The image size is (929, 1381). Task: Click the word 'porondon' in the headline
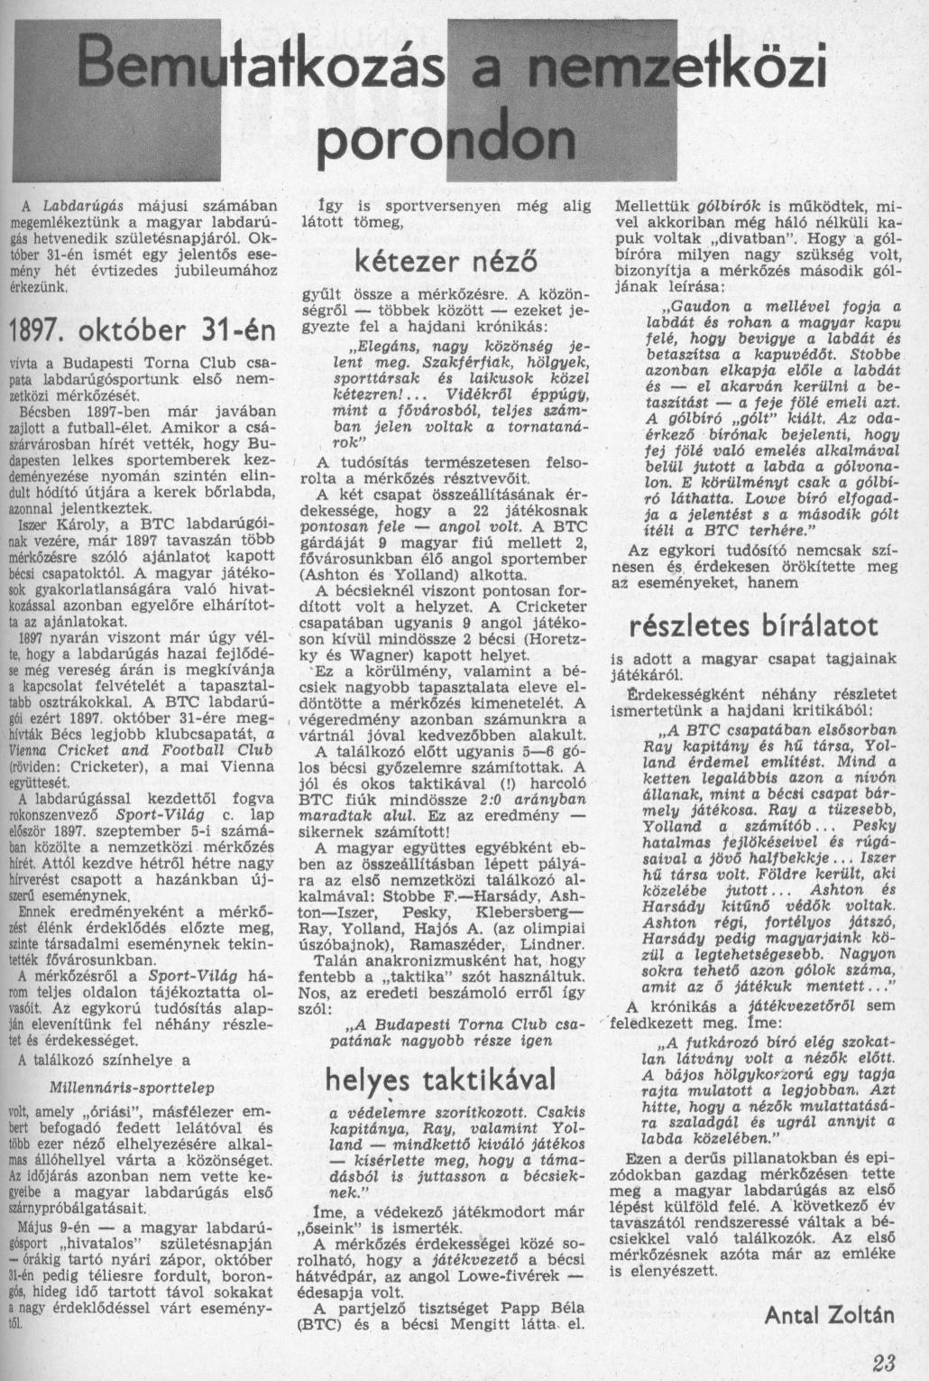[x=449, y=139]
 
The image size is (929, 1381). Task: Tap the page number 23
[x=885, y=1364]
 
